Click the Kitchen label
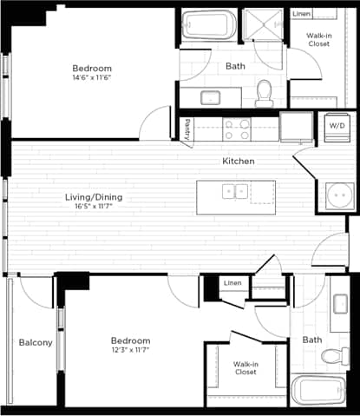click(238, 162)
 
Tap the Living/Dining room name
click(94, 198)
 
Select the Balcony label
click(36, 342)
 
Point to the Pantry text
click(187, 129)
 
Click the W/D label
click(335, 126)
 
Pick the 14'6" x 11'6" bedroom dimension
click(92, 78)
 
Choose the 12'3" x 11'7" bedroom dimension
click(130, 351)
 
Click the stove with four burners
click(237, 129)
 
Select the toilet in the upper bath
click(265, 91)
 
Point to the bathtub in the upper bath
click(208, 25)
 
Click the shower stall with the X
click(263, 25)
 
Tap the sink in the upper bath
click(210, 96)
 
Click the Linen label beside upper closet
click(301, 14)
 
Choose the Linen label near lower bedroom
click(232, 284)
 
